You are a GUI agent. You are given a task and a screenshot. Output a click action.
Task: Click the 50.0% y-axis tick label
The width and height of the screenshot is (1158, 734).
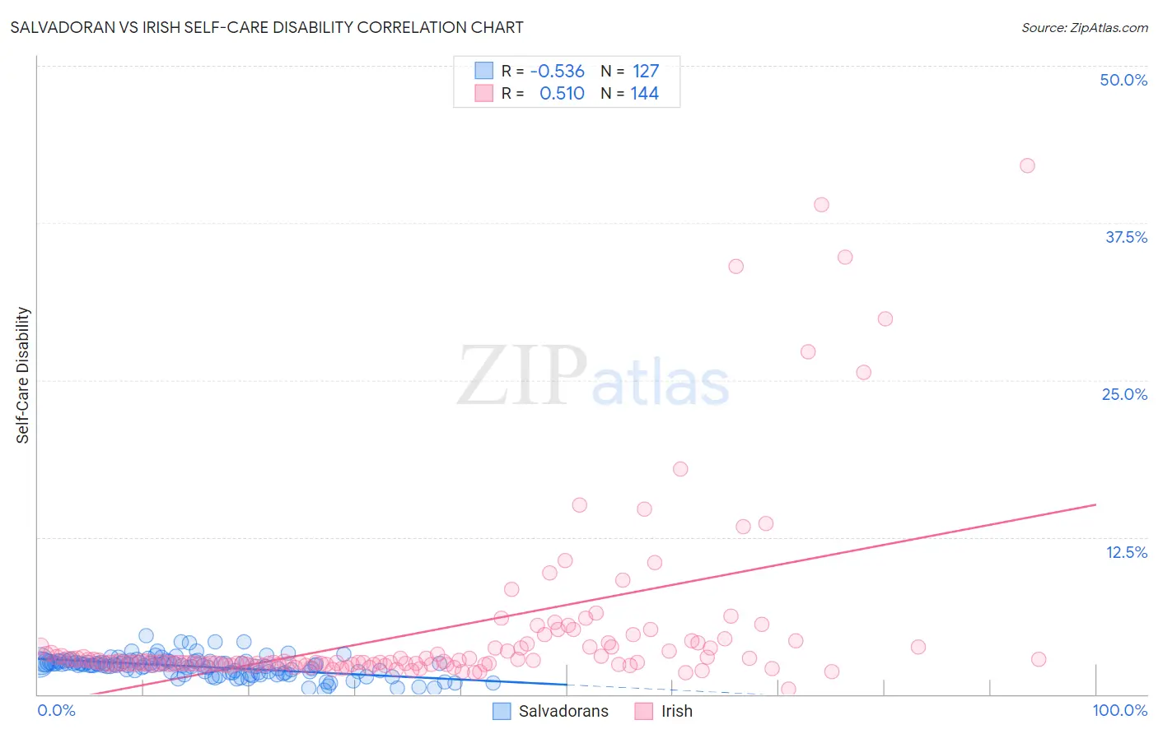click(x=1123, y=80)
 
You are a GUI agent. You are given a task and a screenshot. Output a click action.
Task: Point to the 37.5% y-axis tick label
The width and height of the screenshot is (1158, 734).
click(x=1126, y=237)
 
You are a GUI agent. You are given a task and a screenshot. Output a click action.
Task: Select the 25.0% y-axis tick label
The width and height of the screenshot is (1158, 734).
click(x=1124, y=394)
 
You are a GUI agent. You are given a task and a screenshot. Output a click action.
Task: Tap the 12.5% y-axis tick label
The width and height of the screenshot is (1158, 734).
click(x=1126, y=552)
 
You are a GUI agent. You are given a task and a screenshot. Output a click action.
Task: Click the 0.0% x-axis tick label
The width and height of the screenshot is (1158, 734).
click(x=56, y=710)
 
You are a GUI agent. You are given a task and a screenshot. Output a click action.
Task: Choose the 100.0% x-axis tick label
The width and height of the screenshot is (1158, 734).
click(x=1119, y=710)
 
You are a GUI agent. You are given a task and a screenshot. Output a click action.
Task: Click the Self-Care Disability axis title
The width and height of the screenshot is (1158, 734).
click(x=22, y=375)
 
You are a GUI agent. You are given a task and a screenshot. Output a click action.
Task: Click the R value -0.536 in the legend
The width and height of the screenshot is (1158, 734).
click(x=557, y=71)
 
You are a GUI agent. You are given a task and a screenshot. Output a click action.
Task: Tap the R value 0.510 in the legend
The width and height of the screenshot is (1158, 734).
click(x=562, y=93)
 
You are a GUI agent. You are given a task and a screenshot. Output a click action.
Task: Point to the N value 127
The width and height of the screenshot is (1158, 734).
click(x=646, y=71)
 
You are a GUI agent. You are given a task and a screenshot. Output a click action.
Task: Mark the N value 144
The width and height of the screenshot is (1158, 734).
click(x=644, y=93)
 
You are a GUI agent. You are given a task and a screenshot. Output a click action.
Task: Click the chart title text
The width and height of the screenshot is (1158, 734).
click(x=267, y=27)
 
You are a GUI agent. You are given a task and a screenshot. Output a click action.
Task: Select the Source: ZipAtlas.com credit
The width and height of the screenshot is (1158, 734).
click(x=1084, y=27)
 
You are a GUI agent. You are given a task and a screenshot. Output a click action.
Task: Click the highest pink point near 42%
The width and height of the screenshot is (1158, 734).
click(x=1027, y=165)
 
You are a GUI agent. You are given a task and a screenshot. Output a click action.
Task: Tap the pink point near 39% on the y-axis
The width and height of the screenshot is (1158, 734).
click(x=821, y=205)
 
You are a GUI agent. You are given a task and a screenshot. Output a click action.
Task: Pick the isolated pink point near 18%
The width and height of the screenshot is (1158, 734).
click(x=680, y=469)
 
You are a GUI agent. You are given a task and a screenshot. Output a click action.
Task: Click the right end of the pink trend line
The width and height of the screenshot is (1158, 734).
click(x=1095, y=504)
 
